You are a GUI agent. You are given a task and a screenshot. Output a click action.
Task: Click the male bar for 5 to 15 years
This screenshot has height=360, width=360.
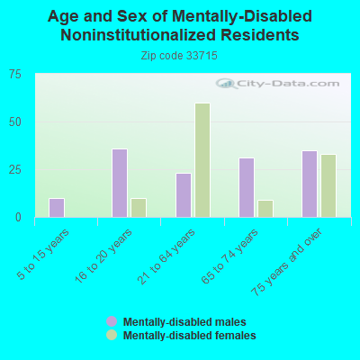[57, 208]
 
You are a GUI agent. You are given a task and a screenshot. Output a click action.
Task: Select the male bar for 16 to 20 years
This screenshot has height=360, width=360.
[120, 183]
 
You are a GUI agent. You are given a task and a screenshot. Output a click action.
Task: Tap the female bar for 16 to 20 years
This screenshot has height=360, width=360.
[139, 208]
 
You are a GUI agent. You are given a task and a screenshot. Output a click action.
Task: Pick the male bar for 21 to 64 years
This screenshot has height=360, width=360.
[184, 195]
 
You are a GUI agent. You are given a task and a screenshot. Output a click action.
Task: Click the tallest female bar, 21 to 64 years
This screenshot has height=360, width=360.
[202, 160]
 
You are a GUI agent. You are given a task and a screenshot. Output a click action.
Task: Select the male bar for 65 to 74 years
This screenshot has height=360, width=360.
[247, 187]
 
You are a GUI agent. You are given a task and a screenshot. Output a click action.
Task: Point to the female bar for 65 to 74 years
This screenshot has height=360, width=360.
[265, 209]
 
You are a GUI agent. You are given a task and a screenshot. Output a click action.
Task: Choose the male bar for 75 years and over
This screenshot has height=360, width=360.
[310, 184]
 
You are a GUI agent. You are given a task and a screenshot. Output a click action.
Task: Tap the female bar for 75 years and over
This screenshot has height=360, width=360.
[328, 185]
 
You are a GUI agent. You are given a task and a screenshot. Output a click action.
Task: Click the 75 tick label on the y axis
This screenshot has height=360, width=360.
[15, 75]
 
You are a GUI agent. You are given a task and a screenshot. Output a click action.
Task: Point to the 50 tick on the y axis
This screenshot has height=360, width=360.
[15, 122]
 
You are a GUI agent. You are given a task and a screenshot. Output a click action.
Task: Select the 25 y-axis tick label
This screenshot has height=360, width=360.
[15, 170]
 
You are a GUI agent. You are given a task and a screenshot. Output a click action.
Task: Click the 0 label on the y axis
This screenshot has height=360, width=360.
[18, 218]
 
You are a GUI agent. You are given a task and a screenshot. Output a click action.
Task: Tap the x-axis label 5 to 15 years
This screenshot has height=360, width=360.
[43, 255]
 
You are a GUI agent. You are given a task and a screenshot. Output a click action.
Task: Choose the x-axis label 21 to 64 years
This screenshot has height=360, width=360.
[166, 256]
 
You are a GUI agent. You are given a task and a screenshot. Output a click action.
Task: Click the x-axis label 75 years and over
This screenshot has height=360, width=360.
[286, 262]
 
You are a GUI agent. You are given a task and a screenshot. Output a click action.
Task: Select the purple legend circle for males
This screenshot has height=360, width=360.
[112, 321]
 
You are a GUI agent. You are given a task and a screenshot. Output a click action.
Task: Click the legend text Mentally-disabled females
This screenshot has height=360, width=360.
[190, 335]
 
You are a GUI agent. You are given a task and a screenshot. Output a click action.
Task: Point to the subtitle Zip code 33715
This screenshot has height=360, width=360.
[179, 56]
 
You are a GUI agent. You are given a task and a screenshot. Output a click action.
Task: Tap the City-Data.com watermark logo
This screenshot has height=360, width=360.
[278, 84]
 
